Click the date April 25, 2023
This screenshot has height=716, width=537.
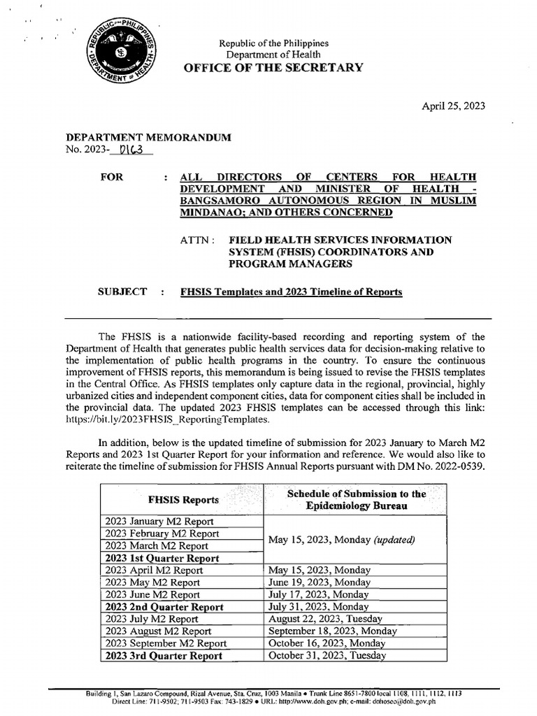452,106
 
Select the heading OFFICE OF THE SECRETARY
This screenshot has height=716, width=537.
273,68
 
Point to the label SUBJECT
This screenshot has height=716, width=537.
124,292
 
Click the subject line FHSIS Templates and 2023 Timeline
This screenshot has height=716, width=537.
291,292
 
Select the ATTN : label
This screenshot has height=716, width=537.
196,240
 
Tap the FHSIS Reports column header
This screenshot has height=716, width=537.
183,500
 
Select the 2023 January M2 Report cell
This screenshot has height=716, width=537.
160,521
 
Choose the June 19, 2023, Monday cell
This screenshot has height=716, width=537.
320,582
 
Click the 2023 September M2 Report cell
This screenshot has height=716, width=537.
166,643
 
